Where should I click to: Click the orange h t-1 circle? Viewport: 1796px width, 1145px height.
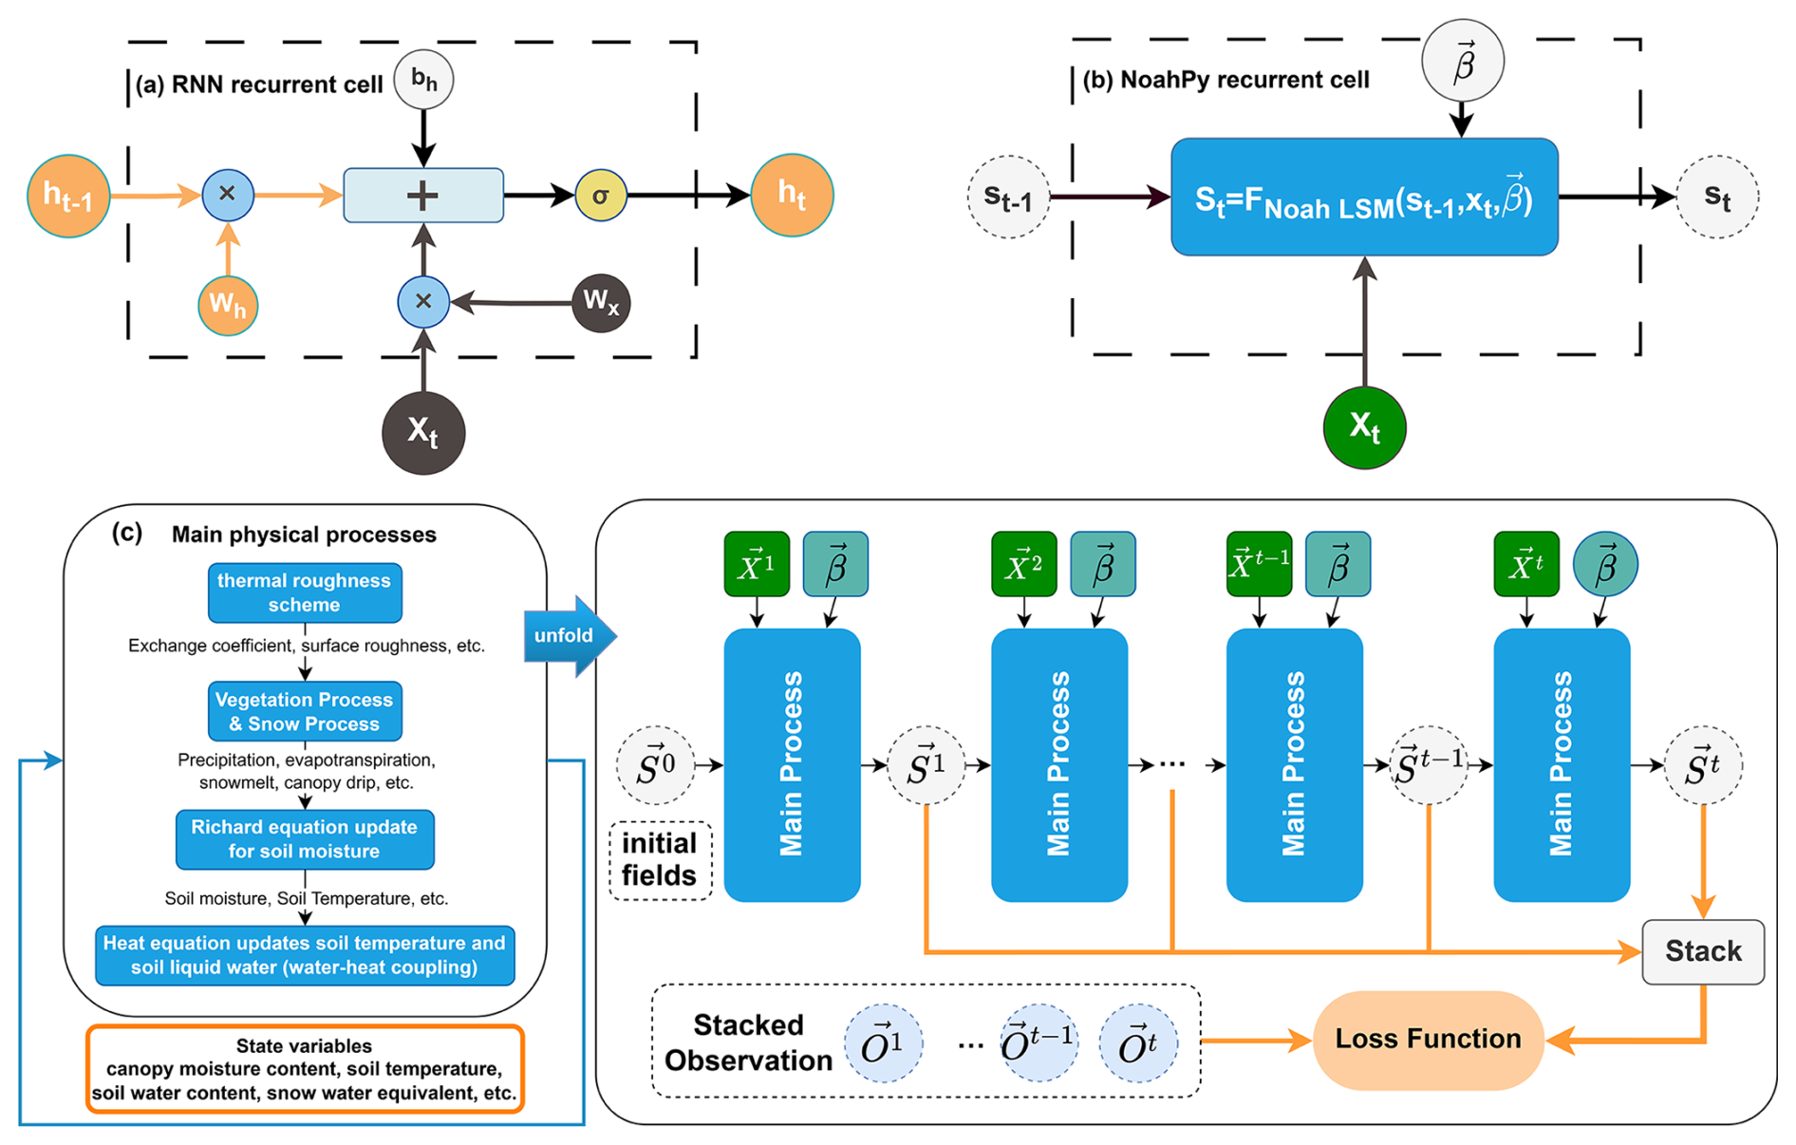pos(68,196)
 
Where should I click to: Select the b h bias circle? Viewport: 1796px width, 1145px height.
pos(423,80)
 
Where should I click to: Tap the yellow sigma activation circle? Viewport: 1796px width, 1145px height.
pos(600,196)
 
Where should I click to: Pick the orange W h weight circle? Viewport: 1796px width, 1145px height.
pos(228,306)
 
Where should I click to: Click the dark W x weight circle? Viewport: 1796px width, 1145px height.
pos(601,303)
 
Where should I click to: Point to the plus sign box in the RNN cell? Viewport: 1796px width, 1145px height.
pos(423,196)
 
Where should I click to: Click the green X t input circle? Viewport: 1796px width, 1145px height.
pos(1364,427)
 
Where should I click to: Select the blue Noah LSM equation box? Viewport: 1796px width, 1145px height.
pos(1364,197)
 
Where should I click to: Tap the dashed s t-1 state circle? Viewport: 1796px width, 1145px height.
pos(1008,197)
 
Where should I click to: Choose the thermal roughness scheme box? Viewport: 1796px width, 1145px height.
pos(305,593)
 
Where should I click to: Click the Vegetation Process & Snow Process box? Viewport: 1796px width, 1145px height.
pos(305,711)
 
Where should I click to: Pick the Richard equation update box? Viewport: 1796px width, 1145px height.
pos(305,839)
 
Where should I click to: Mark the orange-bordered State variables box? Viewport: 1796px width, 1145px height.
pos(305,1069)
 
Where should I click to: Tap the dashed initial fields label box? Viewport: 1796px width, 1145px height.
pos(660,860)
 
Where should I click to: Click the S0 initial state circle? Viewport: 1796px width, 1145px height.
pos(656,765)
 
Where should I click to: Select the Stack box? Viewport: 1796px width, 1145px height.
pos(1703,951)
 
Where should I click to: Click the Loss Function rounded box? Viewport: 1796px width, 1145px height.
pos(1428,1040)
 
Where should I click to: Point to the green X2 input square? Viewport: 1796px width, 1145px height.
pos(1023,564)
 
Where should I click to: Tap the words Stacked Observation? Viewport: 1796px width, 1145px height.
pos(748,1042)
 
